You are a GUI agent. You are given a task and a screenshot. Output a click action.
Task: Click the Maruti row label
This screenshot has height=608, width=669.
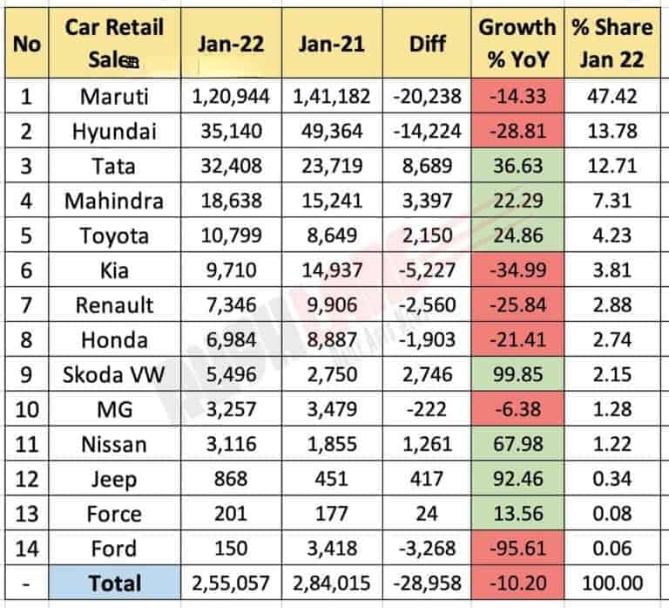(113, 96)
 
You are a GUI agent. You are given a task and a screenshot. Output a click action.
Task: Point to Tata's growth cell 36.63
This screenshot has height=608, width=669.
(517, 166)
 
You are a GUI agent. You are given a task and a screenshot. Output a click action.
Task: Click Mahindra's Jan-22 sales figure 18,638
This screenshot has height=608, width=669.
(230, 201)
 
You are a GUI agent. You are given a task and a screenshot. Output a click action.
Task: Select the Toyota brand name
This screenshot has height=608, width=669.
(113, 236)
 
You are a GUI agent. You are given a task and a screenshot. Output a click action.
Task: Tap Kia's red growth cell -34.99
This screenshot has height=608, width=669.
(517, 270)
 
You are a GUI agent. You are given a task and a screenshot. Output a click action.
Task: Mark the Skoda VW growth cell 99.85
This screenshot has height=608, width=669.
(517, 375)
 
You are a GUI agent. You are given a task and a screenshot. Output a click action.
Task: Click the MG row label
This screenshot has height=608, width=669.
(113, 410)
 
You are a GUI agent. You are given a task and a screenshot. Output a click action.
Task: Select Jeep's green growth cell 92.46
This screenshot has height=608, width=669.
(517, 480)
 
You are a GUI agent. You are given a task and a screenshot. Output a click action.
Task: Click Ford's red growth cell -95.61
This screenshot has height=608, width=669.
(517, 550)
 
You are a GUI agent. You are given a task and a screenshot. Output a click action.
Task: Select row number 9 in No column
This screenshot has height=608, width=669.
(26, 375)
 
